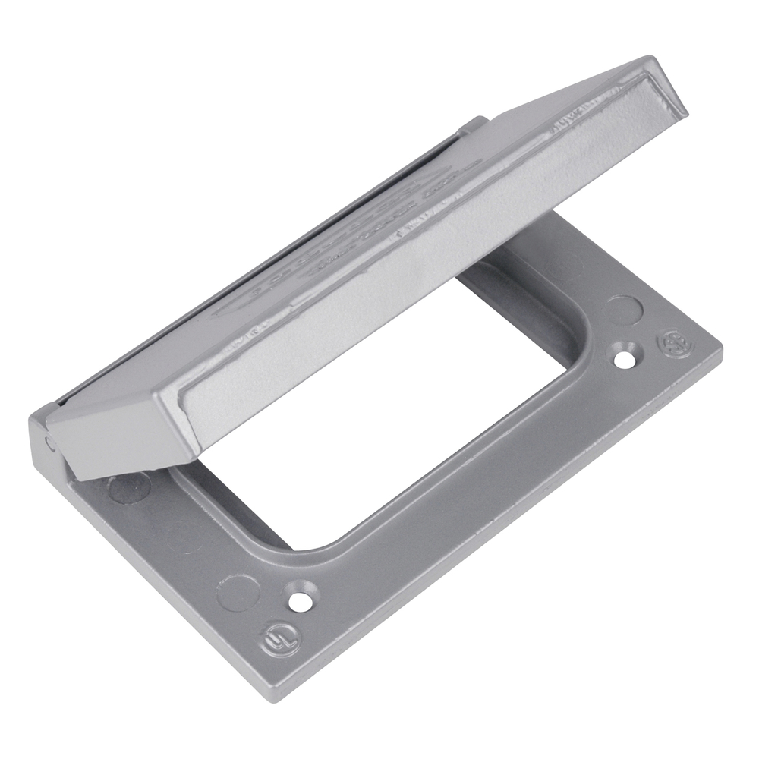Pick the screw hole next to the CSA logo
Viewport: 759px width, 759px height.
(625, 357)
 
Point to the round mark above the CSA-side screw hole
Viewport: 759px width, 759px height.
(624, 309)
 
